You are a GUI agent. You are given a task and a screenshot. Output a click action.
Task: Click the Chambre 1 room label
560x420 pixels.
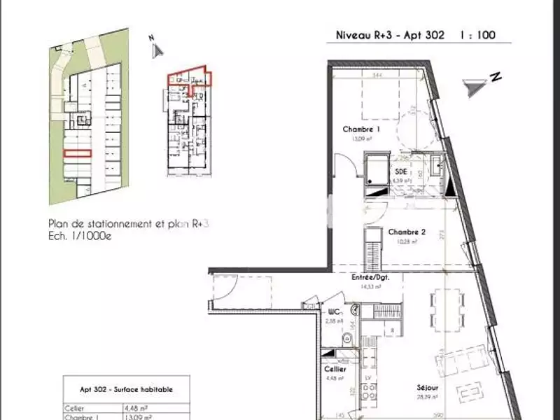pyautogui.click(x=361, y=129)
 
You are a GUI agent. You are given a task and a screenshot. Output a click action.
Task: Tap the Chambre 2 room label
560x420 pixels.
pyautogui.click(x=407, y=232)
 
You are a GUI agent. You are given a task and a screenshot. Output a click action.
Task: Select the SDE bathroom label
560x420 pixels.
pyautogui.click(x=400, y=171)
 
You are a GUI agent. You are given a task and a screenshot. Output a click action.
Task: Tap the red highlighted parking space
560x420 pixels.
pyautogui.click(x=77, y=153)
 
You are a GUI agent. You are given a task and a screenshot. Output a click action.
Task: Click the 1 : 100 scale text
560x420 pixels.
pyautogui.click(x=478, y=34)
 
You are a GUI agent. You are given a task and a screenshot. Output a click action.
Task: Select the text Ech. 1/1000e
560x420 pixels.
pyautogui.click(x=80, y=236)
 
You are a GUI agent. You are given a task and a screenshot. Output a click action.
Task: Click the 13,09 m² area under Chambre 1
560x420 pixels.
pyautogui.click(x=361, y=139)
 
